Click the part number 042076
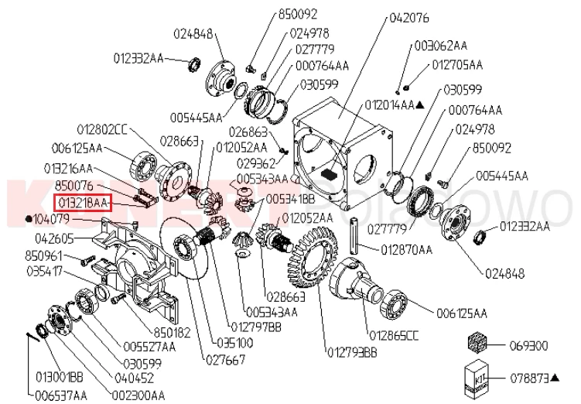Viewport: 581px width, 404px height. click(412, 15)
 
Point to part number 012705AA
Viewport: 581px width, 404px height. click(457, 64)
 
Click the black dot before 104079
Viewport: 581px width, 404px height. click(29, 219)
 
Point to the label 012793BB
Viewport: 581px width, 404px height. click(352, 353)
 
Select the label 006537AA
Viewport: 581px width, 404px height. click(62, 395)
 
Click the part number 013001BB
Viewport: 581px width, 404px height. click(61, 377)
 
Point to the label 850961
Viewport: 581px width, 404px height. click(44, 255)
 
